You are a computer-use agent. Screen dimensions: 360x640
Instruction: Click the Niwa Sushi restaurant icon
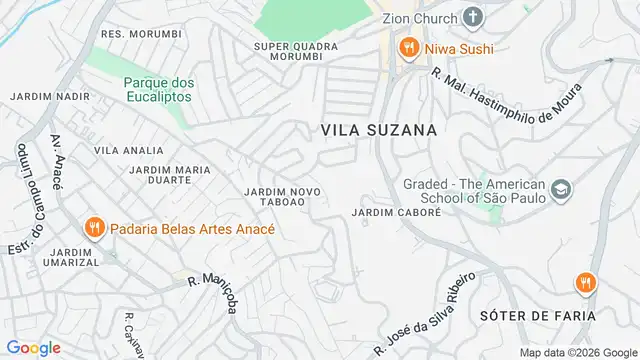pyautogui.click(x=408, y=47)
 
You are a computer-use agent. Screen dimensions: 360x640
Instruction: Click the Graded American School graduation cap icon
pyautogui.click(x=561, y=188)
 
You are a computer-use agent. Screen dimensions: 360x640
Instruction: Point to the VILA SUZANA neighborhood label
pyautogui.click(x=379, y=130)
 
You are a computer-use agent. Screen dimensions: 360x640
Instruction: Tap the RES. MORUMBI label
pyautogui.click(x=142, y=33)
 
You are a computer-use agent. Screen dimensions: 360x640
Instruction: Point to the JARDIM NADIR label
pyautogui.click(x=44, y=96)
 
